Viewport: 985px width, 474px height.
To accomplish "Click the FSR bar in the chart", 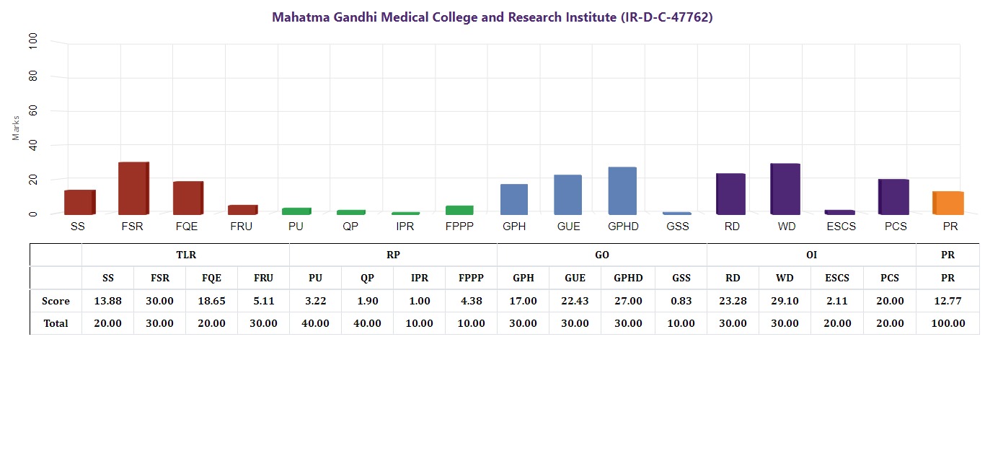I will click(133, 188).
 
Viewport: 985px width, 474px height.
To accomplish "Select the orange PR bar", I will click(948, 203).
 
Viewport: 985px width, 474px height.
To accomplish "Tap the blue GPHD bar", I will click(622, 191).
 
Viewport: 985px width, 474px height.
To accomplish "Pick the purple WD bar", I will click(785, 189).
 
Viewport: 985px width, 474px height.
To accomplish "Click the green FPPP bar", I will click(459, 210).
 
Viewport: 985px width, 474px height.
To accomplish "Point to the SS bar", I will click(79, 202).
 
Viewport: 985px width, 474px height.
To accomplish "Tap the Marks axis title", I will click(17, 128).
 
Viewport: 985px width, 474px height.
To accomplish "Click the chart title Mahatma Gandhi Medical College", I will click(492, 17).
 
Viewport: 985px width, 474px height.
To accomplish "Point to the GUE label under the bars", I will click(568, 227).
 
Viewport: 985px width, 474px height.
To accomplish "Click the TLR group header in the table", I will click(186, 255).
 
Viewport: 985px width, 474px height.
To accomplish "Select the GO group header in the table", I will click(601, 255).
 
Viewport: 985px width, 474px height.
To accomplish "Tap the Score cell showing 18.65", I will click(211, 301).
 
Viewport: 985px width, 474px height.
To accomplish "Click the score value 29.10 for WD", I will click(785, 301).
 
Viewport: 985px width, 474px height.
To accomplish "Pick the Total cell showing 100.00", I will click(948, 323).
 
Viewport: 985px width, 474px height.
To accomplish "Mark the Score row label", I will click(56, 301).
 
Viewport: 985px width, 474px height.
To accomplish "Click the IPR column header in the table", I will click(419, 278).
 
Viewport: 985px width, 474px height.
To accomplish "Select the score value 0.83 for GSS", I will click(681, 301).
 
